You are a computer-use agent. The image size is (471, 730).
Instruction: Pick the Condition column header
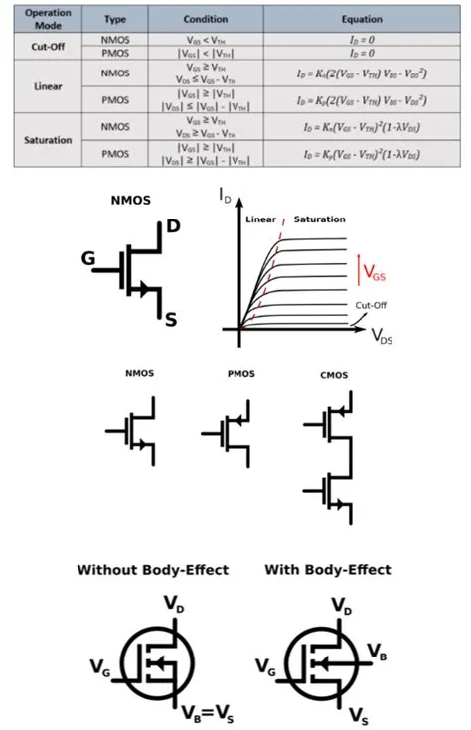pyautogui.click(x=206, y=19)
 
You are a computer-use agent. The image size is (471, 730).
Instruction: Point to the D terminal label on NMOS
pyautogui.click(x=173, y=227)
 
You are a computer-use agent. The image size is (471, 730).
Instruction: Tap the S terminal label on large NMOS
pyautogui.click(x=171, y=319)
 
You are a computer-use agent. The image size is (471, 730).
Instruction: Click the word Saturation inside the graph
pyautogui.click(x=320, y=219)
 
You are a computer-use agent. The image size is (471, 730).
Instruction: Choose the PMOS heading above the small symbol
pyautogui.click(x=240, y=374)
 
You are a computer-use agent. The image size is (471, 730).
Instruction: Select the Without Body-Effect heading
pyautogui.click(x=153, y=570)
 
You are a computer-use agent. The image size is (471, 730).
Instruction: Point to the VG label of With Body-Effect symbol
pyautogui.click(x=266, y=664)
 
